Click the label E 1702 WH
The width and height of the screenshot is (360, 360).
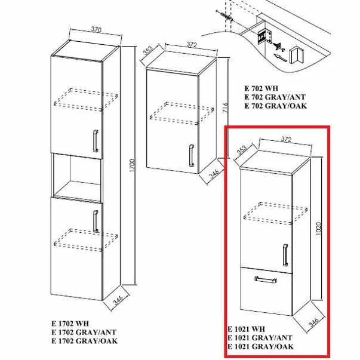point(70,324)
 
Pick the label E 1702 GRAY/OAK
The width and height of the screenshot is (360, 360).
point(84,341)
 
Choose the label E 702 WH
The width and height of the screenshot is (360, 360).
point(261,88)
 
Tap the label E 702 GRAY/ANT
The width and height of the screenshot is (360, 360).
point(275,96)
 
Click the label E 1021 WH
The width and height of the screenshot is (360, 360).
point(246,328)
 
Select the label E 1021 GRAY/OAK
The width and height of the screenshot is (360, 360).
point(260,346)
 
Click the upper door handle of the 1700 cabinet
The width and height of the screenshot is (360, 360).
point(95,141)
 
